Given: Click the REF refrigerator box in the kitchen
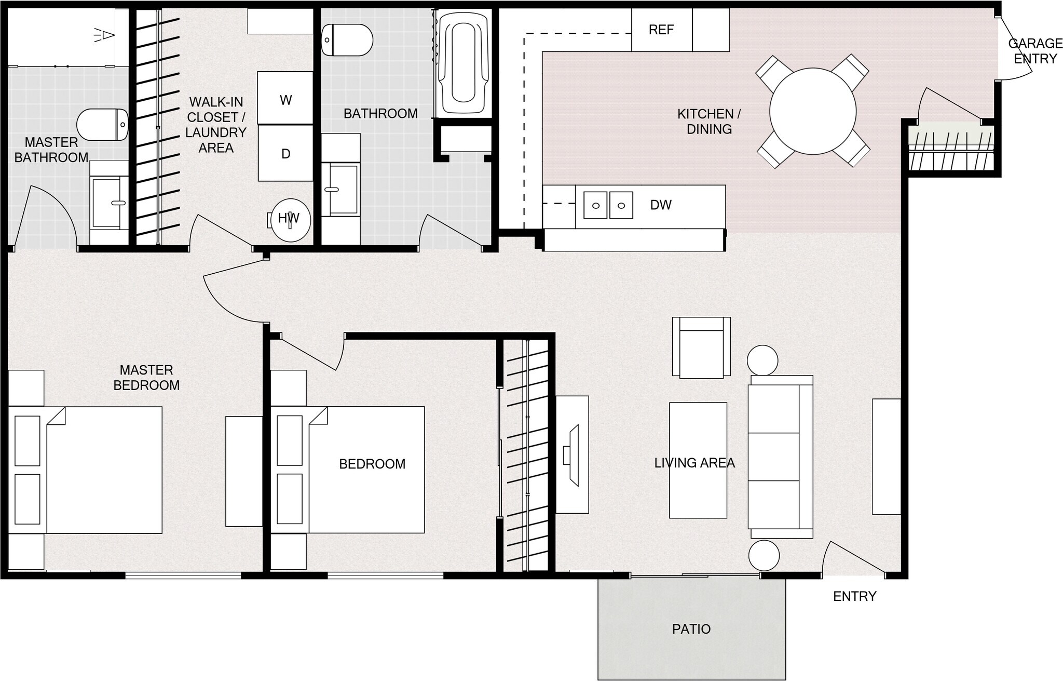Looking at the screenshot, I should (661, 30).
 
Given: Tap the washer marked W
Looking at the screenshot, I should (285, 98).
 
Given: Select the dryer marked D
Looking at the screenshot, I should (285, 153).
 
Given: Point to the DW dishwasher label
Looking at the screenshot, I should (661, 205).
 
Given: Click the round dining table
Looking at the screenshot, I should (812, 111).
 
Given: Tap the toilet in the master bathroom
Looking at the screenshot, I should (103, 125).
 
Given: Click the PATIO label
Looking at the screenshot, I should (691, 629).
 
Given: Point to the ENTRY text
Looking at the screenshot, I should (854, 596).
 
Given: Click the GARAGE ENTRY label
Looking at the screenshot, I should (1035, 51).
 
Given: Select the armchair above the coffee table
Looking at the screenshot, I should (701, 347).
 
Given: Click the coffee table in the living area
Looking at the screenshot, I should (698, 460).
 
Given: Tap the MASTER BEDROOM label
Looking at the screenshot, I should (146, 378).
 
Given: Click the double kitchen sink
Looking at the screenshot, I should (608, 205).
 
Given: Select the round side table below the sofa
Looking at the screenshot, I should (764, 555).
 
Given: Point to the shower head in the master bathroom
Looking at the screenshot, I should (105, 35).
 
